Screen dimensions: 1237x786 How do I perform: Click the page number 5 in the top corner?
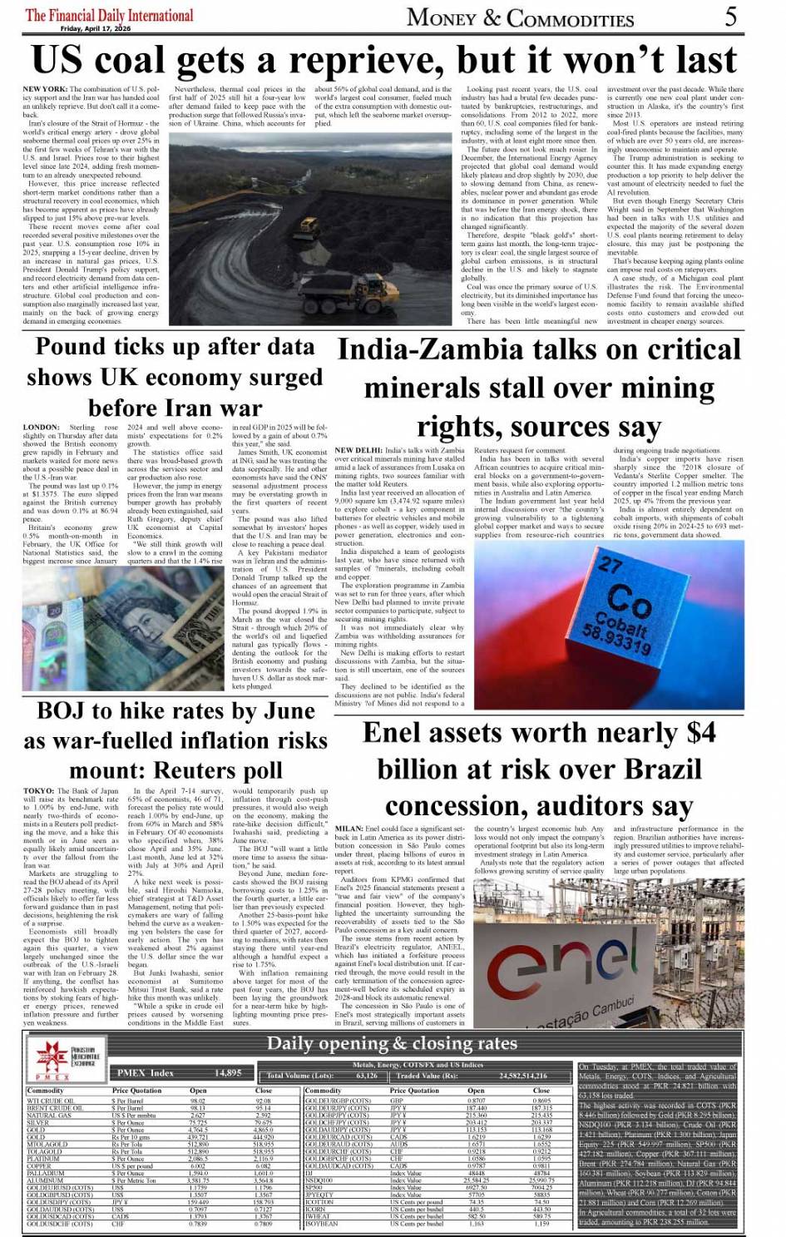(x=730, y=16)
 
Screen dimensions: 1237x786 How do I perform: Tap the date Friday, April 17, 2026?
(x=96, y=28)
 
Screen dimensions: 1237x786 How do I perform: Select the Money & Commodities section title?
(x=520, y=17)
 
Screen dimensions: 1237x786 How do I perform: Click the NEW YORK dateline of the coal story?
(x=45, y=89)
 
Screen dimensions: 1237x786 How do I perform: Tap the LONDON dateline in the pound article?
(x=41, y=428)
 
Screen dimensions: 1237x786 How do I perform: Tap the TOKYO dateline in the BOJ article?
(x=38, y=791)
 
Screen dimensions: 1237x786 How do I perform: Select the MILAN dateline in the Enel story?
(x=349, y=829)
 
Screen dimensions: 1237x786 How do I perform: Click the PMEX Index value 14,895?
(x=228, y=1073)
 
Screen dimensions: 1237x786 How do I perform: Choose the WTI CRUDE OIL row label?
(x=51, y=1101)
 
